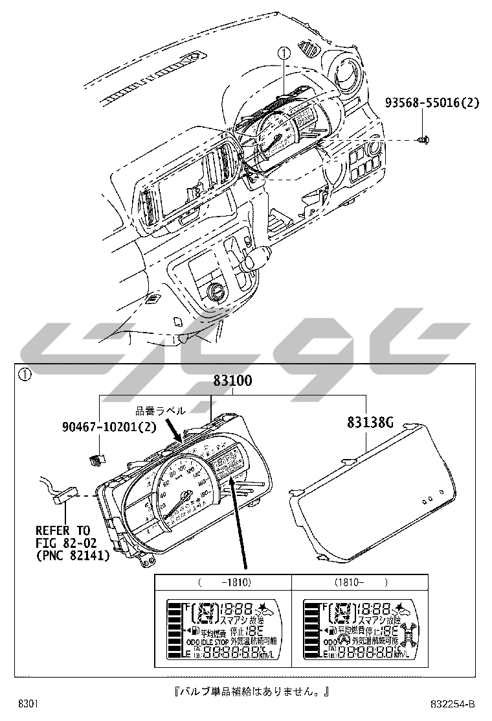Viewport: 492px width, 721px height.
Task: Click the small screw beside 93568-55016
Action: tap(423, 139)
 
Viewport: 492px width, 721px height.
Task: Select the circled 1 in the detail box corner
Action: tap(24, 374)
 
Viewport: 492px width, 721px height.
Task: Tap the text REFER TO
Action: tap(63, 531)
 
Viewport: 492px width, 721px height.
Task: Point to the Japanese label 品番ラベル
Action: tap(161, 410)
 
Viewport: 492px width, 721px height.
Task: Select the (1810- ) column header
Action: tap(361, 582)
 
